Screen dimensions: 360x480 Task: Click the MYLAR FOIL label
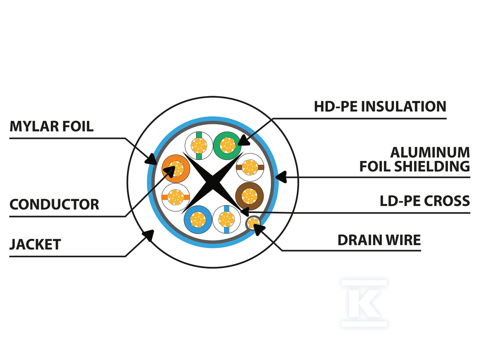pos(52,126)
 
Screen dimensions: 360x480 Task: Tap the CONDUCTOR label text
pos(54,204)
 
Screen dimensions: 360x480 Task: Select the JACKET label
pos(35,244)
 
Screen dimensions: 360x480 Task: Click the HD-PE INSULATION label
pos(380,106)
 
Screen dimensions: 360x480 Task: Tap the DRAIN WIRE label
pos(379,240)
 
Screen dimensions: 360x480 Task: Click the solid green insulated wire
pos(227,145)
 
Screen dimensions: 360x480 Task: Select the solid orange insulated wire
pos(176,168)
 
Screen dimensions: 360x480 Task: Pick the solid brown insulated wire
pos(250,196)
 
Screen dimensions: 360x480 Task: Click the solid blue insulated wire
pos(198,219)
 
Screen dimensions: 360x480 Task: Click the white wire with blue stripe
pos(226,219)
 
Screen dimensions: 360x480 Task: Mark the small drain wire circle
pos(253,222)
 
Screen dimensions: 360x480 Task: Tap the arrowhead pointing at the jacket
pos(149,234)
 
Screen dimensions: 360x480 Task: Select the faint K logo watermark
pos(364,303)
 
